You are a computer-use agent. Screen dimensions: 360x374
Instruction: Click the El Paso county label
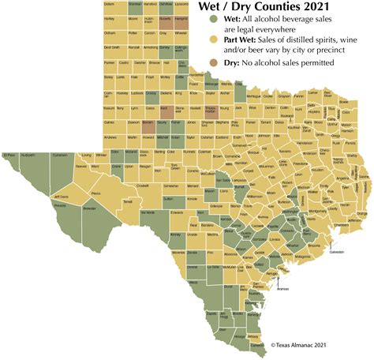(10, 156)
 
